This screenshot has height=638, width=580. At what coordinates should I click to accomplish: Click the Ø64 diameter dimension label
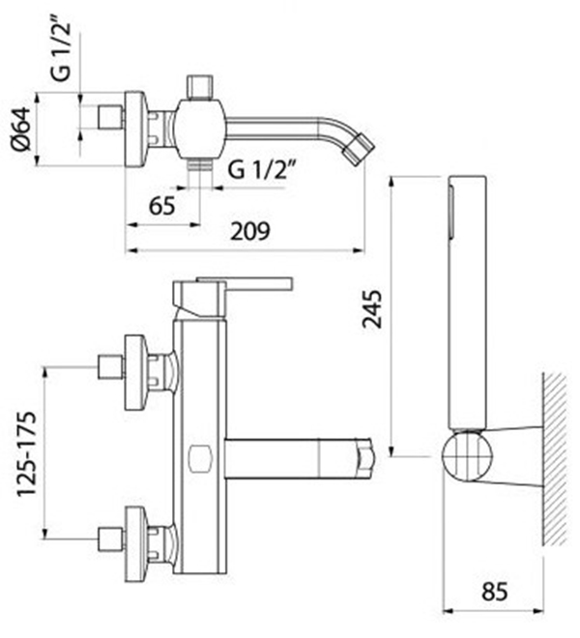tap(21, 129)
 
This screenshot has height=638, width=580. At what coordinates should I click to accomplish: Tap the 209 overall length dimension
tap(250, 231)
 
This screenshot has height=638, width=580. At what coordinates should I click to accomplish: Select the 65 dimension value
tap(162, 206)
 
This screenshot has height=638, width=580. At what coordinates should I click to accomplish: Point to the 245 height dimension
tap(372, 309)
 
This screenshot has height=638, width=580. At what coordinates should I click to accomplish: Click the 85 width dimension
tap(495, 592)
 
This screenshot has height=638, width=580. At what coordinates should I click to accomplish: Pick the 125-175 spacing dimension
tap(26, 453)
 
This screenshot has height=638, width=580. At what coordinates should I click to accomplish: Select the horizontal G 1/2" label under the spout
tap(262, 169)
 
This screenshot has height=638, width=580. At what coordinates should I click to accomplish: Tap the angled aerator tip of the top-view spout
tap(358, 149)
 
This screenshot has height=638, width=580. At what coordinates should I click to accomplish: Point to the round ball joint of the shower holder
tap(467, 456)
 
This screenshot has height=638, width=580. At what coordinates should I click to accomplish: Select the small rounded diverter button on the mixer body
tap(200, 459)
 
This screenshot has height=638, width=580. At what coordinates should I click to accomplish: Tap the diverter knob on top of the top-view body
tap(199, 87)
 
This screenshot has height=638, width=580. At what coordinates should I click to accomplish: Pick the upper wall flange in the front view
tap(134, 372)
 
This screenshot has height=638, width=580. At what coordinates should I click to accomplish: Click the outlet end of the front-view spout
tap(365, 457)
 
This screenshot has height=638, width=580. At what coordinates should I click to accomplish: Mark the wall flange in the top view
tap(134, 129)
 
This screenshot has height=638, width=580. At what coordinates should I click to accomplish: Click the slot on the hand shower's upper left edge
tap(451, 211)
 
